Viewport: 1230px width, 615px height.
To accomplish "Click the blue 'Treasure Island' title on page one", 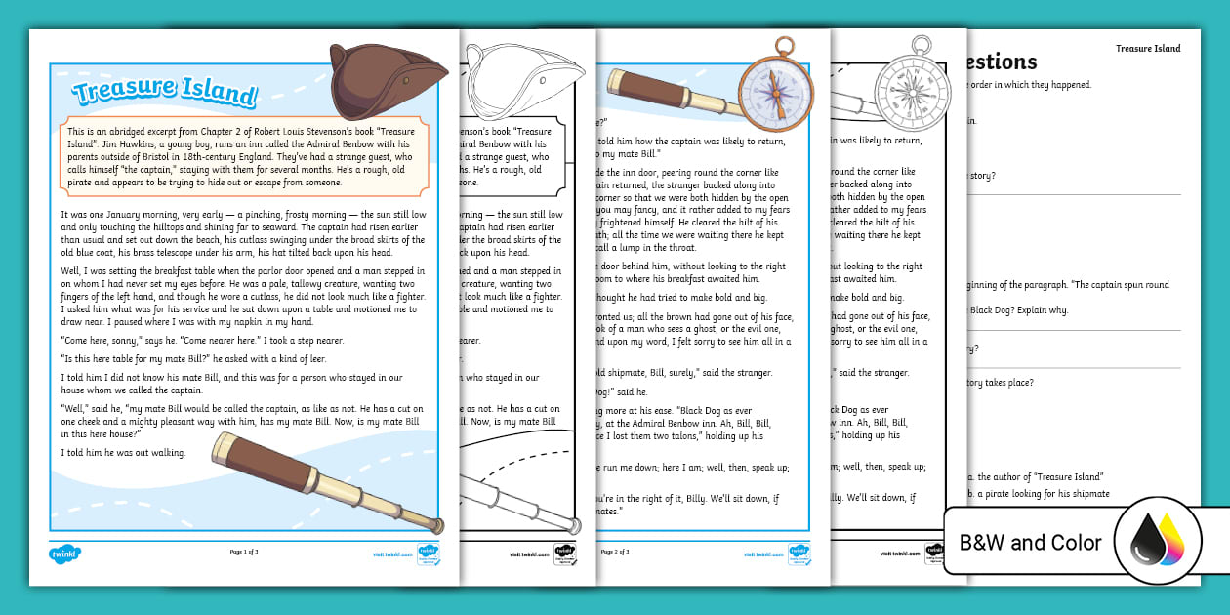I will click(x=165, y=93).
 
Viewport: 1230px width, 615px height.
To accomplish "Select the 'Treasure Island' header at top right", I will click(x=1147, y=48).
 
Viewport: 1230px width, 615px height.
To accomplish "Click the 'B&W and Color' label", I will click(x=1030, y=543).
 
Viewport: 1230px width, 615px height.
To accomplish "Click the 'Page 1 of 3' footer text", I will click(x=244, y=552).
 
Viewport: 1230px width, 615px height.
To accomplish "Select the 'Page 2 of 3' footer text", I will click(x=615, y=552).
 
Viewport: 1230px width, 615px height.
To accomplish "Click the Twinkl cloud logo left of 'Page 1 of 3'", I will click(x=64, y=553).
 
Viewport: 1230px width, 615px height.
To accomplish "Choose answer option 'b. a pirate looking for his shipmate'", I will click(x=1038, y=493).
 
